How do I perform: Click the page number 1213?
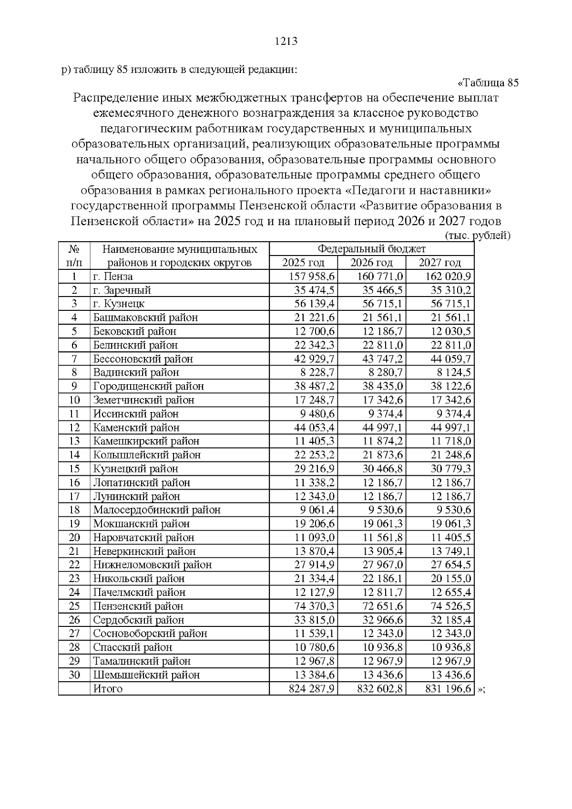(x=286, y=41)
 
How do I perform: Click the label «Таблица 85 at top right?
(x=488, y=83)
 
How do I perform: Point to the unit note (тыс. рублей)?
(x=477, y=236)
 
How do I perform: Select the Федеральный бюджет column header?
(x=371, y=249)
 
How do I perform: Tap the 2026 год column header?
(x=371, y=263)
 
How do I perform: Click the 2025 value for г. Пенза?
(x=312, y=276)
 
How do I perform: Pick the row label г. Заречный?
(x=122, y=290)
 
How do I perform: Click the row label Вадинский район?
(x=136, y=372)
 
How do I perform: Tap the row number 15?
(x=74, y=469)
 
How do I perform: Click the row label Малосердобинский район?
(x=157, y=510)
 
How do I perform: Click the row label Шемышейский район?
(x=146, y=675)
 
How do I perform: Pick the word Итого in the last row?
(x=108, y=689)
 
